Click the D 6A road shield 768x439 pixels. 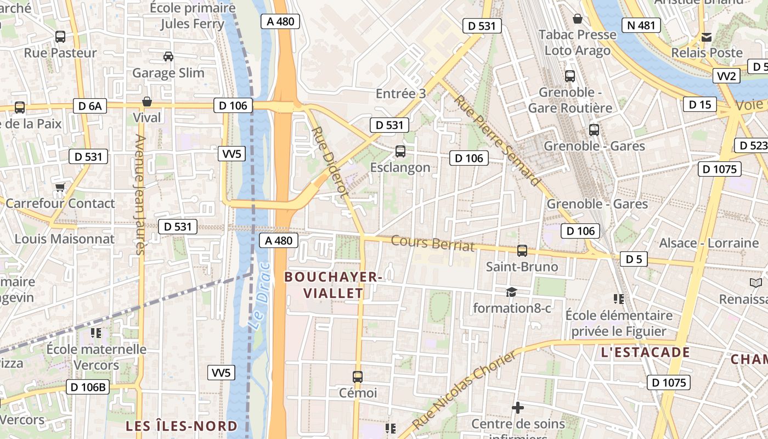click(90, 106)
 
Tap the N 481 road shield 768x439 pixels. click(641, 25)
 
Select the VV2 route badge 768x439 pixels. click(726, 76)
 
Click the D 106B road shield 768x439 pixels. click(88, 387)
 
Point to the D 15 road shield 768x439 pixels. click(699, 104)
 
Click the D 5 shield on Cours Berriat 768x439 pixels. click(634, 259)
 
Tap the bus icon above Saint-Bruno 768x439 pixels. click(522, 251)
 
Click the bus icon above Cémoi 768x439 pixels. click(358, 376)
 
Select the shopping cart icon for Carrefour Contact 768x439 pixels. click(60, 187)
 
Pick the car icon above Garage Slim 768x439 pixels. click(168, 56)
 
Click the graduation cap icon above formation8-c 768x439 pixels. click(511, 292)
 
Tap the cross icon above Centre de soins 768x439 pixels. click(517, 408)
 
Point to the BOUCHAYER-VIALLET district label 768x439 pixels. click(333, 285)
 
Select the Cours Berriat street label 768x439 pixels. click(433, 243)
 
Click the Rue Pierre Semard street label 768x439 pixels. click(496, 140)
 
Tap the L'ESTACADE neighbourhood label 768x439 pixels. click(645, 352)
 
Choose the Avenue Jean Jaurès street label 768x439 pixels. click(139, 195)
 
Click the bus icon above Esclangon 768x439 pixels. click(400, 151)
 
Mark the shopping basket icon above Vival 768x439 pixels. click(146, 102)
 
